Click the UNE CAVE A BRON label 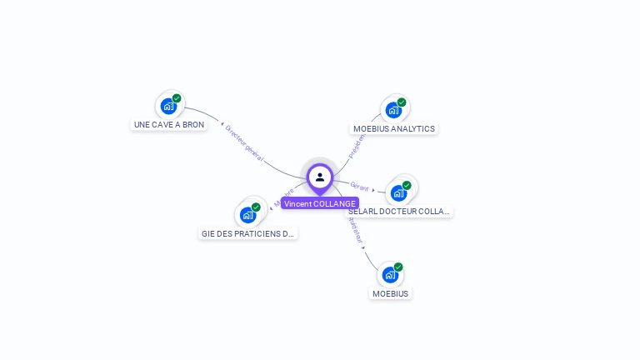[169, 124]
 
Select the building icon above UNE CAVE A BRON [168, 106]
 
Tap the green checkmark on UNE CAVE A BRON [177, 98]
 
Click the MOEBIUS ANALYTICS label [394, 129]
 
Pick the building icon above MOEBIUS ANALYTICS [393, 110]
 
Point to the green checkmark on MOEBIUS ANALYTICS [402, 102]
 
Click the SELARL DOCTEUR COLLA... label [399, 212]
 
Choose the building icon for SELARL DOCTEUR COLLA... [398, 192]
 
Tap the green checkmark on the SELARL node [407, 185]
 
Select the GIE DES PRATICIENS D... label [248, 234]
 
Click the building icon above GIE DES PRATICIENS [247, 215]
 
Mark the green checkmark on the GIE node [256, 207]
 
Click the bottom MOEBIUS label [391, 293]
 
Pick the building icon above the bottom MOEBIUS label [390, 274]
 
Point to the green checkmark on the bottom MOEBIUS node [398, 267]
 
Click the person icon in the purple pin [320, 177]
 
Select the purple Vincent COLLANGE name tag [320, 203]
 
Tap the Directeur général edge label [244, 142]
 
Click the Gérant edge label [359, 187]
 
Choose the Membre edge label [284, 197]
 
